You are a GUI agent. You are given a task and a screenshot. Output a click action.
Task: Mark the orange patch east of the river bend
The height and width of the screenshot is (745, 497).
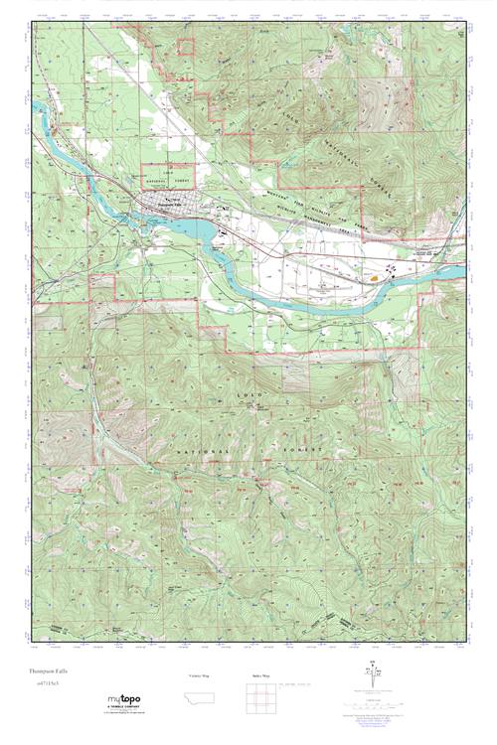(374, 278)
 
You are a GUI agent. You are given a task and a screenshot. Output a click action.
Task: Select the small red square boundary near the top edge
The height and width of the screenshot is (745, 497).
(186, 46)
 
